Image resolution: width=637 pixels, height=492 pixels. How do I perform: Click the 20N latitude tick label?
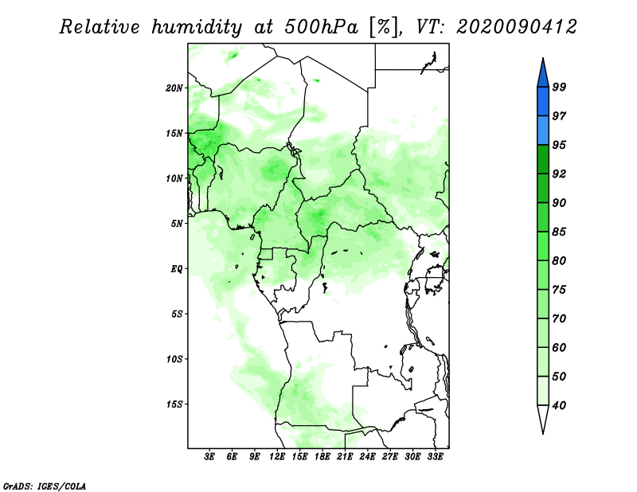pos(174,88)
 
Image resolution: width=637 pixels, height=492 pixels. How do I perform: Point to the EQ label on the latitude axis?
pos(176,269)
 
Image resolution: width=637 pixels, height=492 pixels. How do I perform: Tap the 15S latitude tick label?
pos(174,404)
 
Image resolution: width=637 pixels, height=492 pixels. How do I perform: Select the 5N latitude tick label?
pos(177,224)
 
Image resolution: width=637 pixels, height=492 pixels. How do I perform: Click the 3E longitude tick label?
pos(209,456)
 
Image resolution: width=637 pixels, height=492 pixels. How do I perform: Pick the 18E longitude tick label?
pos(322,456)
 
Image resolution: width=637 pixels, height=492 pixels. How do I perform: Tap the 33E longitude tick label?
pos(435,456)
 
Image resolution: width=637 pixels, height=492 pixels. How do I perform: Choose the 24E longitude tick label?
pos(367,456)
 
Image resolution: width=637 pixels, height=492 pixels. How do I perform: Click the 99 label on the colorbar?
pos(559,87)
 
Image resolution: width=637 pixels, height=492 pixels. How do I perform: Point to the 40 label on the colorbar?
pos(559,405)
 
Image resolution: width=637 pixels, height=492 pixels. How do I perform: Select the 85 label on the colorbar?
pos(559,232)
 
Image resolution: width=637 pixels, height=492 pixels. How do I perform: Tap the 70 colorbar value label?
pos(559,318)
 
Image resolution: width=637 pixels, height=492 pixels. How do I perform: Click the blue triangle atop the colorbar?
pos(543,75)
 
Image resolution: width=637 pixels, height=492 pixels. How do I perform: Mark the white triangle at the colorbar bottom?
pos(543,417)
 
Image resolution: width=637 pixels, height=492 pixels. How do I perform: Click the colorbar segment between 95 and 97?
pos(543,131)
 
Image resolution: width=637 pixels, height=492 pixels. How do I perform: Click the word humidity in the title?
pos(197,28)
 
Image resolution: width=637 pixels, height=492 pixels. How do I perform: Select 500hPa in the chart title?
pos(322,27)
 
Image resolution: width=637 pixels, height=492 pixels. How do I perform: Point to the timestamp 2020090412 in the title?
pos(516,27)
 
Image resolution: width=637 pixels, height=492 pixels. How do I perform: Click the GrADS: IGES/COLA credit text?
pos(45,486)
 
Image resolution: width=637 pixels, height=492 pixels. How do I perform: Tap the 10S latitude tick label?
pos(174,359)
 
